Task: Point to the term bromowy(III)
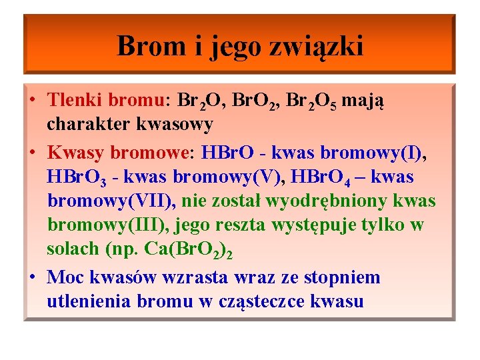coord(109,225)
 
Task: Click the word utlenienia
coord(89,301)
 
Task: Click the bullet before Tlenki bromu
coord(33,100)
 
